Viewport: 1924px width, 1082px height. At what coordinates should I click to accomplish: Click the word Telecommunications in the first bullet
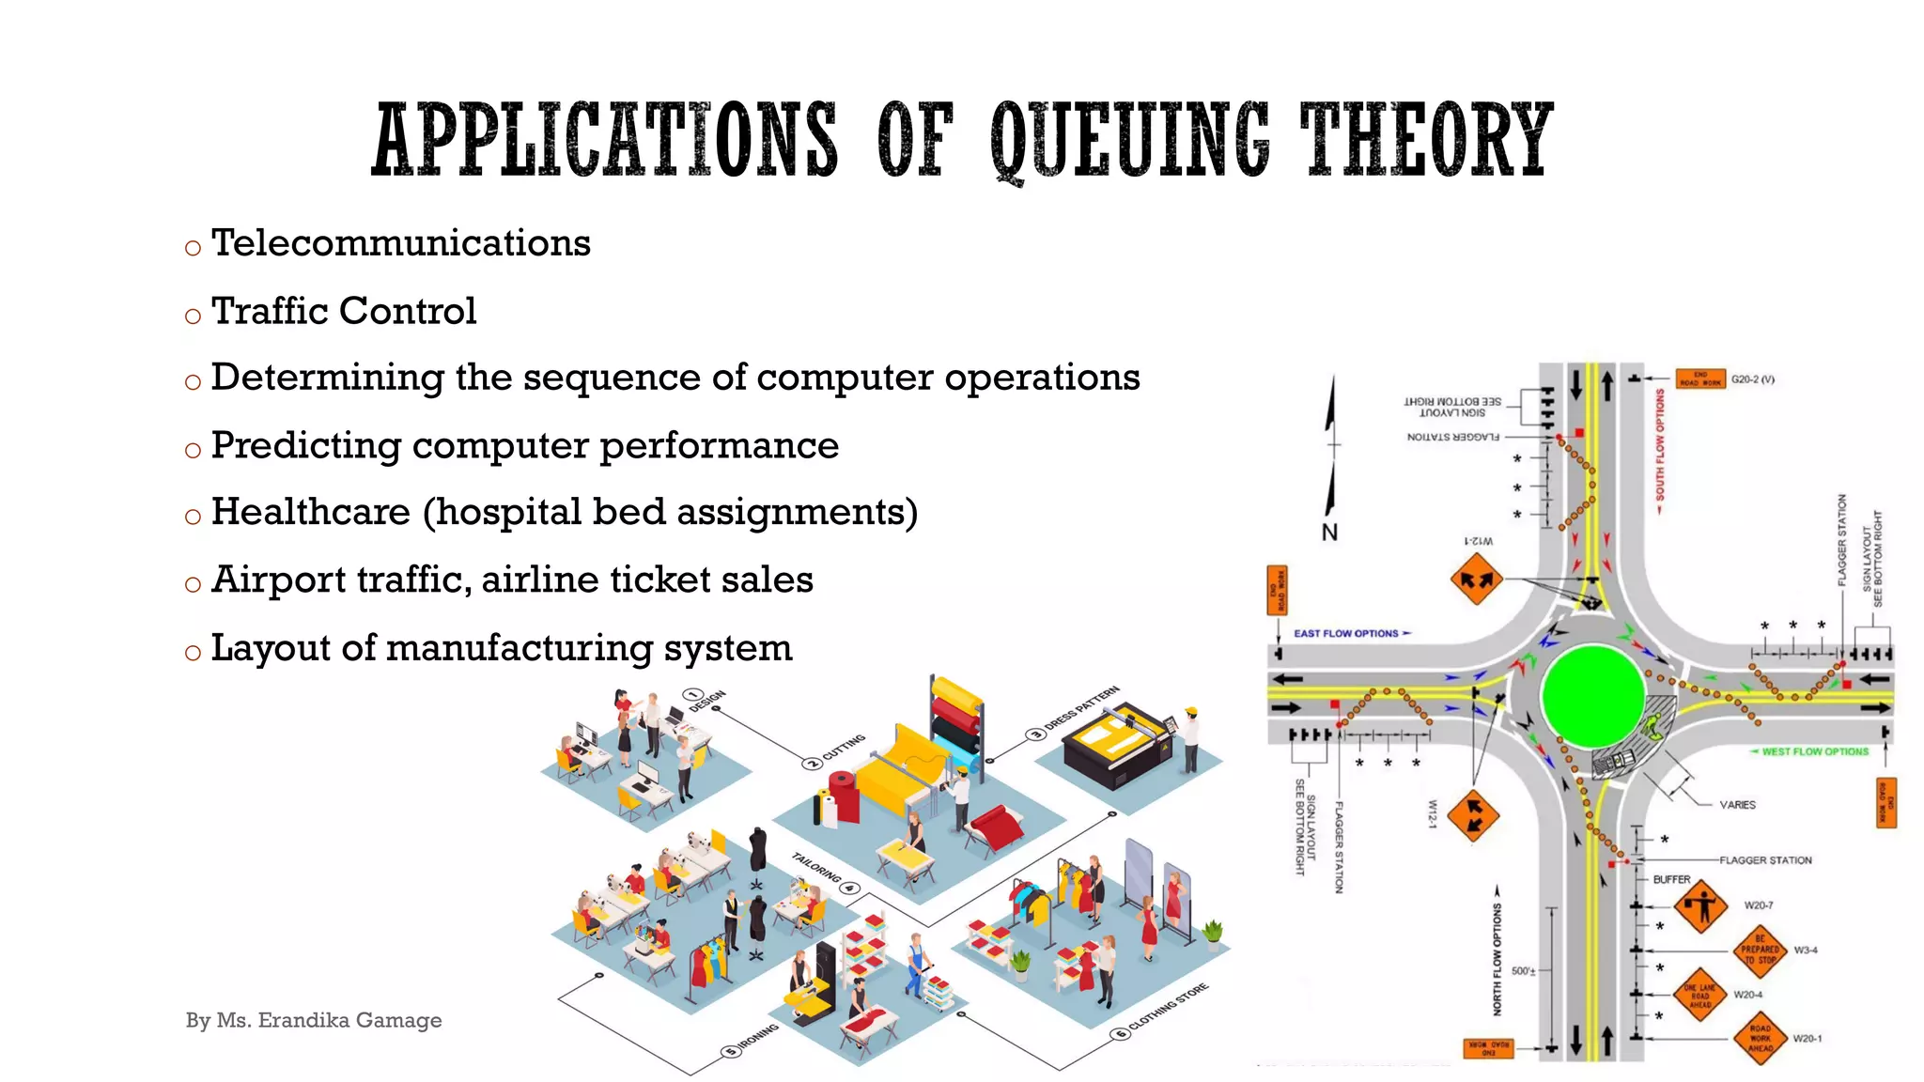point(401,243)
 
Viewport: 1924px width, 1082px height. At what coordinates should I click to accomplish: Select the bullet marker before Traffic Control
point(193,317)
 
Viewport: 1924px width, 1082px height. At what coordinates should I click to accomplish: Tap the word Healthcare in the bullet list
point(311,513)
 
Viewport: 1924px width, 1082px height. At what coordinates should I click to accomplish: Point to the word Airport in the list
point(279,580)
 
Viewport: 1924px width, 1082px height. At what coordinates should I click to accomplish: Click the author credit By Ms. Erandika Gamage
point(314,1020)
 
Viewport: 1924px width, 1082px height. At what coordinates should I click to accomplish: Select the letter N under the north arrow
point(1329,533)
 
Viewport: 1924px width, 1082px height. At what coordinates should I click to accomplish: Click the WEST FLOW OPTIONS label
point(1815,751)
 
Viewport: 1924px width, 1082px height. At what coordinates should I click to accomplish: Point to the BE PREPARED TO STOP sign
point(1760,950)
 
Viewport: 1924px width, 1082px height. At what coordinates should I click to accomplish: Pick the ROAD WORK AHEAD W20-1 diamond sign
point(1760,1038)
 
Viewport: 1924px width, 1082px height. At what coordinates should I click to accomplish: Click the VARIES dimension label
point(1737,805)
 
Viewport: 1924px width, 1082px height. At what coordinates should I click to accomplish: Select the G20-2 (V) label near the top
point(1753,379)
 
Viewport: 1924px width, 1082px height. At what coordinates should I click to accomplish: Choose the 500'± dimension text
point(1523,971)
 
